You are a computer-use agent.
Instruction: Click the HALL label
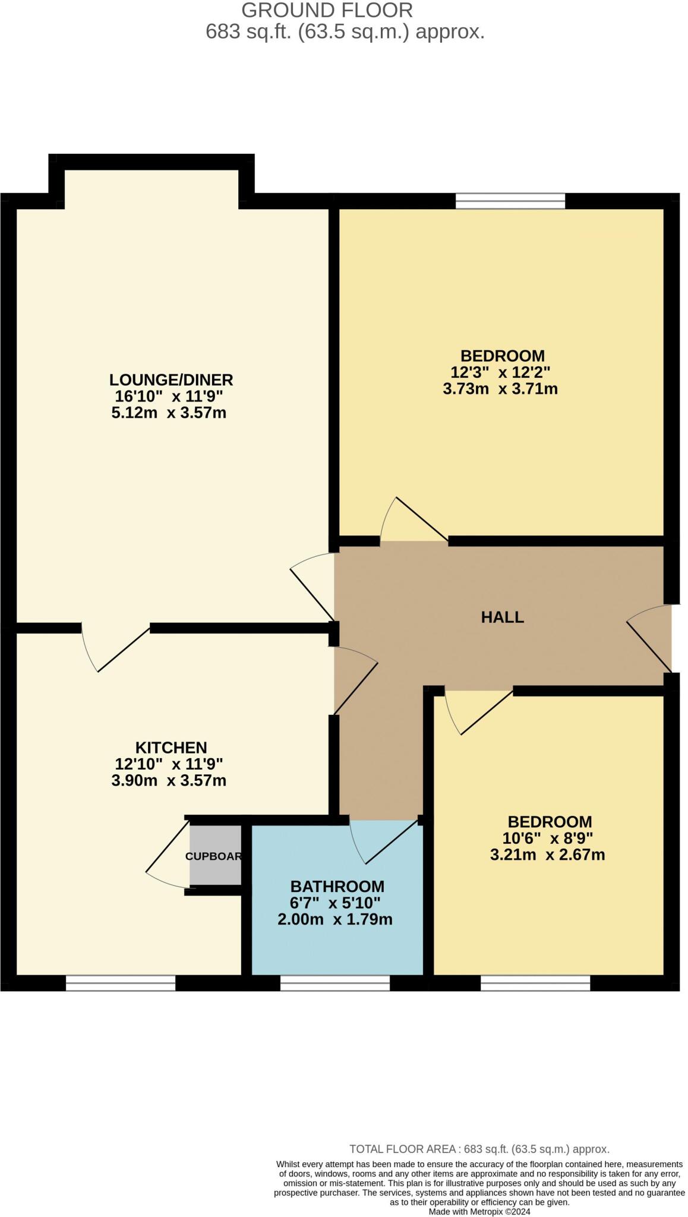tap(502, 617)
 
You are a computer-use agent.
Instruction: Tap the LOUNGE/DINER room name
tap(171, 379)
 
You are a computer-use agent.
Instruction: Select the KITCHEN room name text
tap(171, 747)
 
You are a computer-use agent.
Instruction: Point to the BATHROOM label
tap(337, 886)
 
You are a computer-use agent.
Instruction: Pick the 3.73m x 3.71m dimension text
tap(500, 389)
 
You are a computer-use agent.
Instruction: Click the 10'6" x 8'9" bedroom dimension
tap(549, 838)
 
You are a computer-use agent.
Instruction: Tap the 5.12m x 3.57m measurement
tap(169, 412)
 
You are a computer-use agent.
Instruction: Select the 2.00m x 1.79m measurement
tap(335, 919)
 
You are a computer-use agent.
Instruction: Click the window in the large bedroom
tap(510, 201)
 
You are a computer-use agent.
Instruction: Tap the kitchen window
tap(121, 982)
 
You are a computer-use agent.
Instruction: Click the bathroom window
tap(334, 982)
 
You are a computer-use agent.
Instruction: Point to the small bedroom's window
tap(535, 982)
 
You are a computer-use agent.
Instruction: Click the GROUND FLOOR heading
tap(327, 10)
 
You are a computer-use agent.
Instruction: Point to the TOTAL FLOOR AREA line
tap(479, 1149)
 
